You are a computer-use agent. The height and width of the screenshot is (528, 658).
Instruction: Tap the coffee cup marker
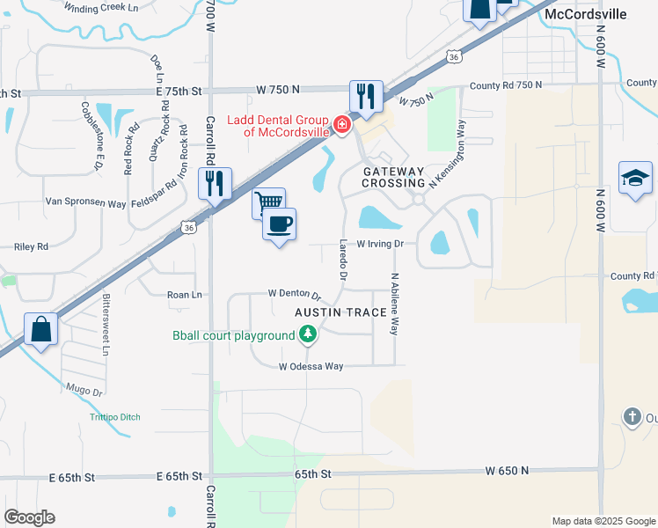(x=280, y=224)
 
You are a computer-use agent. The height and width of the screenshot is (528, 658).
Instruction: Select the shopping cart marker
(x=267, y=203)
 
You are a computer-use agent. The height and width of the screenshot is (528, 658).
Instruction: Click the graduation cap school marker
(x=635, y=179)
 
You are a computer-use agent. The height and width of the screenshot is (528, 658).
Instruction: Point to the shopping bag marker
(x=40, y=330)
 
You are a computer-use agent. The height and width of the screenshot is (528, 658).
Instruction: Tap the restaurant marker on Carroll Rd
(x=215, y=184)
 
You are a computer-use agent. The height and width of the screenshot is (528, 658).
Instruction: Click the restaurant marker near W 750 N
(x=365, y=96)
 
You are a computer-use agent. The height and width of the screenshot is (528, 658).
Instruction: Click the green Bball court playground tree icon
(x=307, y=334)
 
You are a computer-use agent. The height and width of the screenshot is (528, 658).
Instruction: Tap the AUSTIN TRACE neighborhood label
(x=340, y=313)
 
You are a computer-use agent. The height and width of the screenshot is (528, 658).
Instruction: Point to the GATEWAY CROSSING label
(x=394, y=177)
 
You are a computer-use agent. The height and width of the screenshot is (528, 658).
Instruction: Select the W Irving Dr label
(x=379, y=244)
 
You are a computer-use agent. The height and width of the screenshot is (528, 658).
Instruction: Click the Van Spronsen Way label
(x=85, y=202)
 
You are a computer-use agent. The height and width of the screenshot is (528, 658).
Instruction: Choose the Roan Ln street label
(x=184, y=296)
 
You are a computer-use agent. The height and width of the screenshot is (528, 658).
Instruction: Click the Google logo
(x=29, y=517)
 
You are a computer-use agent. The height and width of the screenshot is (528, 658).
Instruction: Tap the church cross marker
(x=632, y=416)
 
